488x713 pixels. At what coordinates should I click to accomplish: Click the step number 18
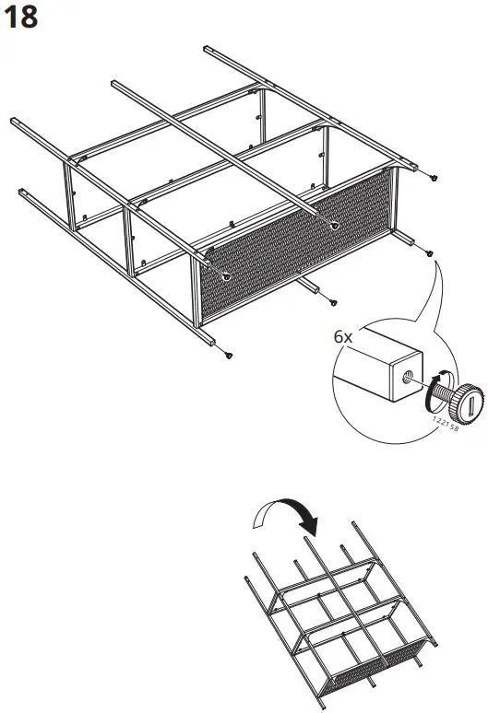tap(22, 18)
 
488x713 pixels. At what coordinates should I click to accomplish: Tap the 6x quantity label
tap(343, 338)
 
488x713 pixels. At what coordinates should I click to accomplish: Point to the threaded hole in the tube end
tap(407, 375)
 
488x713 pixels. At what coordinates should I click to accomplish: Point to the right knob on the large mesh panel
tap(333, 226)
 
